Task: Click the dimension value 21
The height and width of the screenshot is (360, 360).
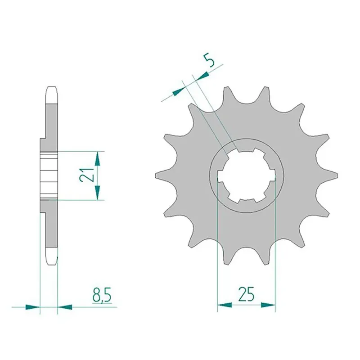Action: pyautogui.click(x=87, y=175)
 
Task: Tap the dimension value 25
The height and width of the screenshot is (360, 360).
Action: pyautogui.click(x=246, y=294)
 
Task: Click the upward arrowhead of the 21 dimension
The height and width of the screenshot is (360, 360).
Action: pyautogui.click(x=97, y=159)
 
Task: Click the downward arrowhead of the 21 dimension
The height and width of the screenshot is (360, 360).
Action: pyautogui.click(x=97, y=193)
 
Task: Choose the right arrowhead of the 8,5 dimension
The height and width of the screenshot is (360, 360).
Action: pyautogui.click(x=65, y=307)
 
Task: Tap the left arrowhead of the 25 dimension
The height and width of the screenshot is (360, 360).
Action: pyautogui.click(x=225, y=305)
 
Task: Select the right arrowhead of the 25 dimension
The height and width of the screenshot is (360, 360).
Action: pyautogui.click(x=268, y=305)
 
